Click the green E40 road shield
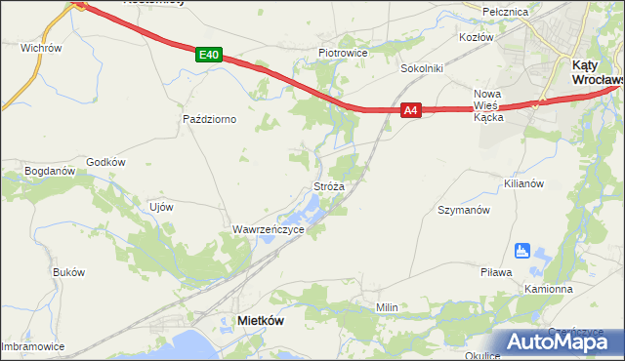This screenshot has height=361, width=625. (x=207, y=56)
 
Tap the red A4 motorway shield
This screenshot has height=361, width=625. (x=412, y=111)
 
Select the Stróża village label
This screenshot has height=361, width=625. (x=328, y=185)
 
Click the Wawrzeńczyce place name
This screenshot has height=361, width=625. (x=268, y=229)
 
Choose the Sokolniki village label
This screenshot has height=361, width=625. (x=423, y=69)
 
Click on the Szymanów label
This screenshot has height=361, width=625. (x=463, y=210)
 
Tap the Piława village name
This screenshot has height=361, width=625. (x=496, y=272)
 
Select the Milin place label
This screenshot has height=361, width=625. (x=388, y=307)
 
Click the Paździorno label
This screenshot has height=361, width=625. (x=211, y=119)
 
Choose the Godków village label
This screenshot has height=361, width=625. (x=106, y=162)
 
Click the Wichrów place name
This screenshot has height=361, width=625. (x=41, y=47)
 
